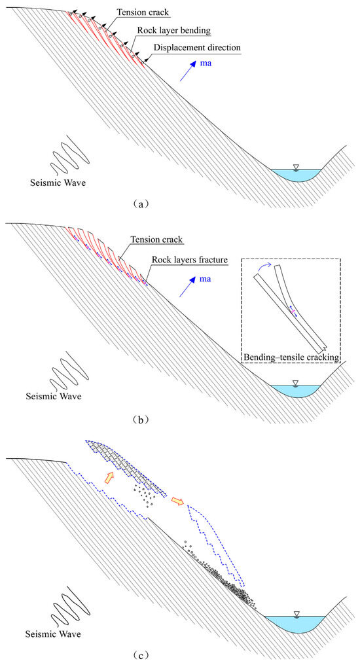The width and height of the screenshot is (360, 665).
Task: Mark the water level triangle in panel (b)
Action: click(297, 382)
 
